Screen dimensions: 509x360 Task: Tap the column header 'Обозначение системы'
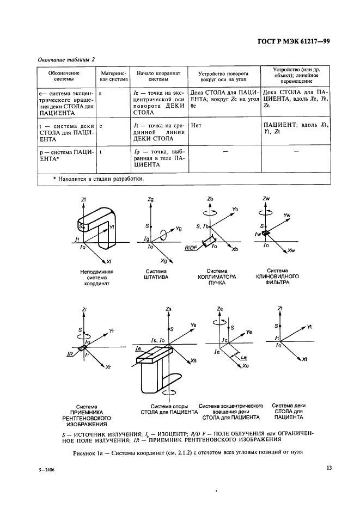[64, 75]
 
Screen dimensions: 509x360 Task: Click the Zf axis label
[83, 201]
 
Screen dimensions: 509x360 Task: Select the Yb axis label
[235, 209]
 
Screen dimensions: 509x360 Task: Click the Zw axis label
[266, 199]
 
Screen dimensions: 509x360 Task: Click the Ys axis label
[194, 326]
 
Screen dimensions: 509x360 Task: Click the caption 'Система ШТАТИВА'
[156, 274]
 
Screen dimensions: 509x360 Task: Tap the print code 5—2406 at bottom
[47, 468]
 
